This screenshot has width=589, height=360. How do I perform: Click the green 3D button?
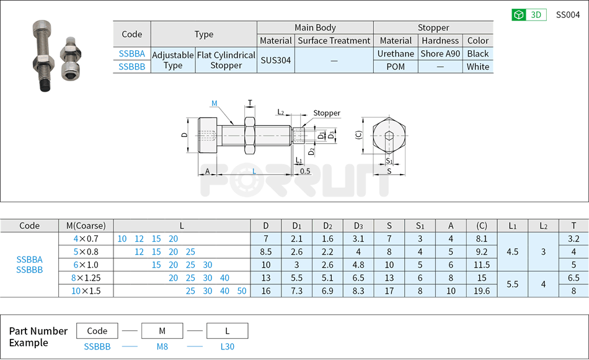(528, 15)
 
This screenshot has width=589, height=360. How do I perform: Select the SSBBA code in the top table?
(131, 54)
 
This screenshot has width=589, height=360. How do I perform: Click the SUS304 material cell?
(275, 60)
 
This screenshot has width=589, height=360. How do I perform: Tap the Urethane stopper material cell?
(396, 54)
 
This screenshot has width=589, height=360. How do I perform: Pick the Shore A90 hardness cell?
(440, 54)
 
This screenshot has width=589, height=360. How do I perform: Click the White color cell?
(478, 67)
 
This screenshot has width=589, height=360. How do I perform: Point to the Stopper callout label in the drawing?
(326, 113)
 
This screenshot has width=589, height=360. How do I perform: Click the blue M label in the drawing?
(214, 103)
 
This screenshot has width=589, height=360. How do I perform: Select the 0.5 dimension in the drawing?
(304, 171)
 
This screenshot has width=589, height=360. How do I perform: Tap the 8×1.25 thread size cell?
(86, 278)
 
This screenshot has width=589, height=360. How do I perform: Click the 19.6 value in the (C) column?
(481, 291)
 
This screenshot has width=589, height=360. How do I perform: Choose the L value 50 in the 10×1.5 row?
(241, 291)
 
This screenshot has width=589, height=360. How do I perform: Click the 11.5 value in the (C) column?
(481, 265)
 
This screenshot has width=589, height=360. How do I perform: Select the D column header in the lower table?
(265, 226)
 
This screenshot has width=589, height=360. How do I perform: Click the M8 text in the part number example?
(162, 347)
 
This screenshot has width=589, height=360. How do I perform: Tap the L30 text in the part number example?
(227, 347)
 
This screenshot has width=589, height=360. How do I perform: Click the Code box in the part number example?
(97, 331)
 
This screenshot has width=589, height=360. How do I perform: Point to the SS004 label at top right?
(567, 15)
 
